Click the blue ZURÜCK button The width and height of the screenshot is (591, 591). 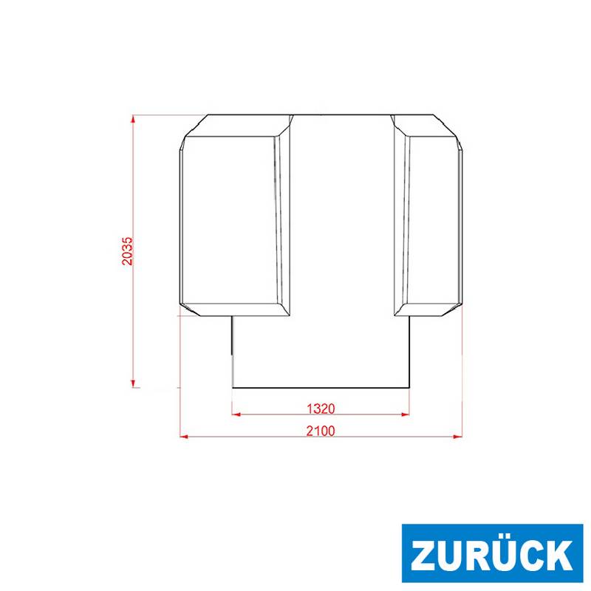click(492, 554)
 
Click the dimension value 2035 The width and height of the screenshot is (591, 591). click(128, 251)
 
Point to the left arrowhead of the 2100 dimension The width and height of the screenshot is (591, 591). click(184, 437)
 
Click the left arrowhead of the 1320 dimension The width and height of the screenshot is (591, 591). click(236, 414)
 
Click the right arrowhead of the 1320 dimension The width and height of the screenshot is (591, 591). click(406, 414)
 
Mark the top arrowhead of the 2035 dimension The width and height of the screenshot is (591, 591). click(133, 119)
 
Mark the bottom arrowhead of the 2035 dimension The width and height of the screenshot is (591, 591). click(133, 383)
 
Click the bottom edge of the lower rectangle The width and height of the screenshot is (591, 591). click(321, 388)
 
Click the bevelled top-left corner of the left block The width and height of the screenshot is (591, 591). click(194, 126)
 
